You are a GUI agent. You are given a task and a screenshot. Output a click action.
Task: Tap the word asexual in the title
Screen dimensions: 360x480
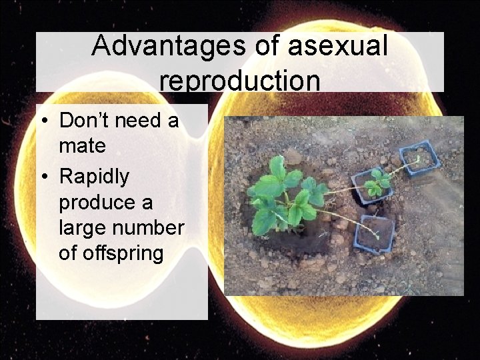point(339,45)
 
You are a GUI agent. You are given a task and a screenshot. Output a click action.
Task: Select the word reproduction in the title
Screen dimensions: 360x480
point(240,80)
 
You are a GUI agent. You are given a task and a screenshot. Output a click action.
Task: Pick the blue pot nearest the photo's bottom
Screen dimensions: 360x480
point(377,234)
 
